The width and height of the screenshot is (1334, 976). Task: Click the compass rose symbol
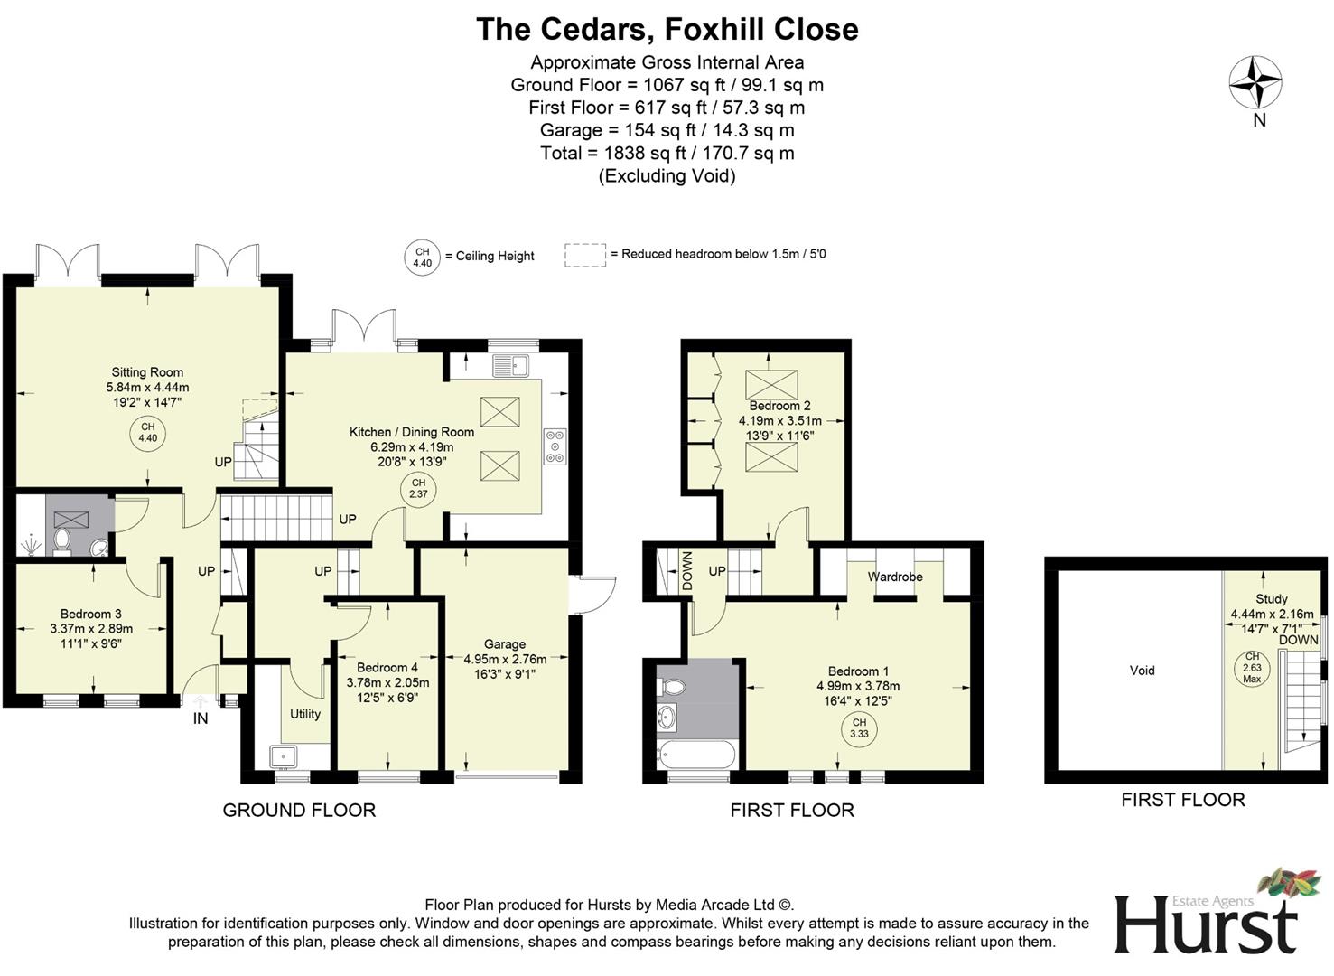pos(1255,83)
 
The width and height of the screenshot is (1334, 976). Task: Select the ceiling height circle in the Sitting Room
pos(147,432)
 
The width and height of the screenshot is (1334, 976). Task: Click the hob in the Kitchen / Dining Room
pos(555,446)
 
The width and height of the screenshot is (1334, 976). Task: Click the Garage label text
pos(504,644)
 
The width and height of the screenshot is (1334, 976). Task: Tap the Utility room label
pos(305,714)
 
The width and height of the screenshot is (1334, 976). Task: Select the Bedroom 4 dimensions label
pos(387,690)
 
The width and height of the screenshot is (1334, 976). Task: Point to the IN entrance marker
pos(201,718)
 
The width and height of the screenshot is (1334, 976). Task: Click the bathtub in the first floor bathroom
pos(697,754)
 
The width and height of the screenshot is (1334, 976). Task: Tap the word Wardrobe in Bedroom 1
pos(895,577)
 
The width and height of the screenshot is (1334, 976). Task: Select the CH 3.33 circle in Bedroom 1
pos(859,728)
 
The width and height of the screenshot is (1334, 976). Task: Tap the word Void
pos(1142,671)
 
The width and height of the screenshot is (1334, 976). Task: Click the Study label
pos(1271,599)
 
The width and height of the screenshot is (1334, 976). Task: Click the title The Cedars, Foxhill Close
pos(667,29)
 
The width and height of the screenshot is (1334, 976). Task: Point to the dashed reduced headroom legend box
pos(584,255)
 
